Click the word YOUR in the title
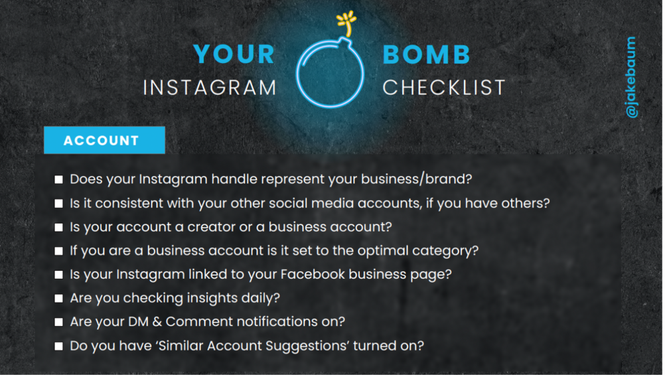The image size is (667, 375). click(234, 54)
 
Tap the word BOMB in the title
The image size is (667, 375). click(426, 54)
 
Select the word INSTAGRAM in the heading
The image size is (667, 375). click(210, 87)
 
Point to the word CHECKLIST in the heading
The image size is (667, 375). click(444, 87)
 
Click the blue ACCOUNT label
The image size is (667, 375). click(102, 141)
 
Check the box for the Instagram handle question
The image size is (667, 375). click(59, 180)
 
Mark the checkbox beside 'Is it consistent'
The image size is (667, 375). click(59, 204)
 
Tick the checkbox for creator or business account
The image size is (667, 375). click(59, 228)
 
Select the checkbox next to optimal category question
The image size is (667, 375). click(59, 252)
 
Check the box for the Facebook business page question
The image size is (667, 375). click(59, 275)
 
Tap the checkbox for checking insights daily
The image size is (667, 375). click(59, 299)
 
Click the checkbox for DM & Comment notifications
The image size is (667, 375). click(59, 323)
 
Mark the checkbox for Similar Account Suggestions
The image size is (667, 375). click(59, 346)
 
